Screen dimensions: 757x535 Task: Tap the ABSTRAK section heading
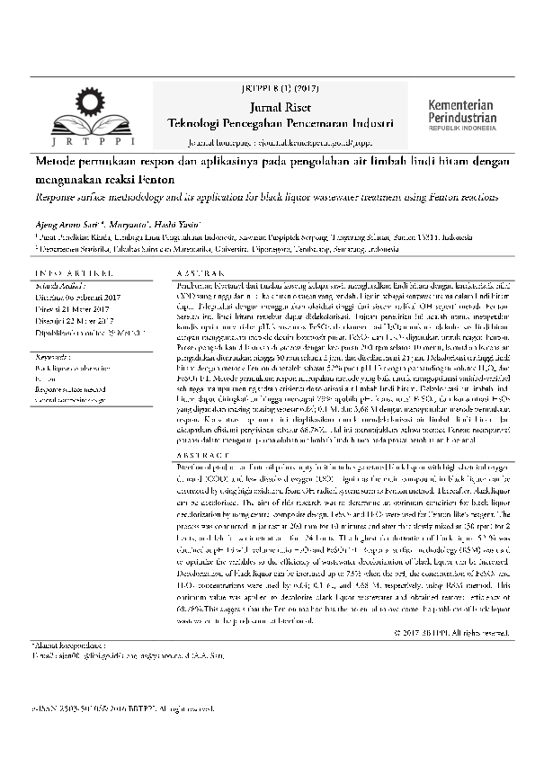tap(200, 272)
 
